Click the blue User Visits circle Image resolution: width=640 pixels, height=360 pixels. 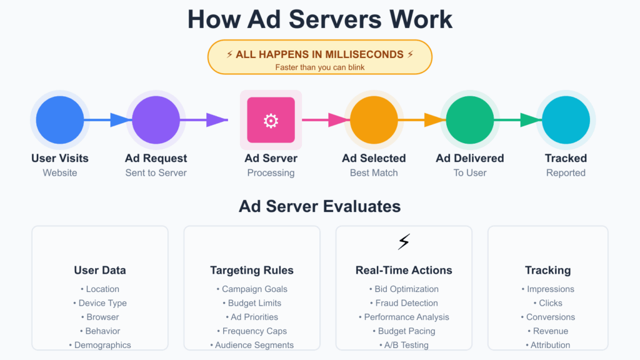59,120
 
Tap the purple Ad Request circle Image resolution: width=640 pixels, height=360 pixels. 156,120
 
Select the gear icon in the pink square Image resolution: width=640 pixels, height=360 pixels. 271,121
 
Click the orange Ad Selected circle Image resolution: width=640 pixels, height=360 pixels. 374,120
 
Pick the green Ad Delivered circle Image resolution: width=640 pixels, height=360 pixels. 470,120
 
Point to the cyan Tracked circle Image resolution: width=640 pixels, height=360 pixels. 566,120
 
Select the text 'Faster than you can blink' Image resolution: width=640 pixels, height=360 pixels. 320,67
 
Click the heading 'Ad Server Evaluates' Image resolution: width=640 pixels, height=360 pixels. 320,206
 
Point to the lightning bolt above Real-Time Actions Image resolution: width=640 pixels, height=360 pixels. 404,242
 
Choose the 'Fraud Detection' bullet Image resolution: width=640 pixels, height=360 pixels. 404,303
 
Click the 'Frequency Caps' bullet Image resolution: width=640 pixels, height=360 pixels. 252,331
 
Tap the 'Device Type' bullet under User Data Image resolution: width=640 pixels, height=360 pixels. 99,303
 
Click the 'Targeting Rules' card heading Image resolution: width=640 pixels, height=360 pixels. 252,271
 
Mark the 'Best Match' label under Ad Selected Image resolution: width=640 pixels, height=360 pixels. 374,172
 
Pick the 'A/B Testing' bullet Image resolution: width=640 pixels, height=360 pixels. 404,345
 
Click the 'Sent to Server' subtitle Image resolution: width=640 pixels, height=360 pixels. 156,172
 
